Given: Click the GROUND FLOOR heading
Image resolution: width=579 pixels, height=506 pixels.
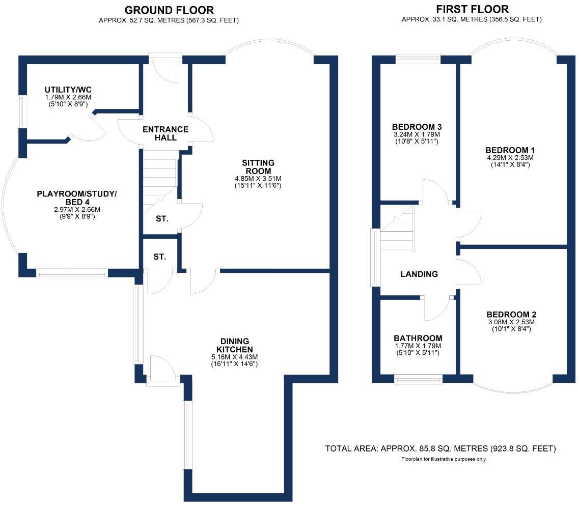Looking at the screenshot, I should coord(169,10).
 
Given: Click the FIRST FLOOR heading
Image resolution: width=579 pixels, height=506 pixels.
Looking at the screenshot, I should coord(472,9).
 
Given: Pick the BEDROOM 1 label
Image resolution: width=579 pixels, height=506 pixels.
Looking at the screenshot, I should coord(513,150).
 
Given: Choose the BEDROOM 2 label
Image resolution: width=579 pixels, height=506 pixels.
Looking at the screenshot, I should coord(511,315).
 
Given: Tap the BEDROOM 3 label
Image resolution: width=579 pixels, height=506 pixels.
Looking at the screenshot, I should coord(417,127).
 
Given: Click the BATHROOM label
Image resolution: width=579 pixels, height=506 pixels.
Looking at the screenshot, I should coord(418,338).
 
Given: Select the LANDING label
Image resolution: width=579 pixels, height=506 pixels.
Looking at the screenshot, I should coord(419,274).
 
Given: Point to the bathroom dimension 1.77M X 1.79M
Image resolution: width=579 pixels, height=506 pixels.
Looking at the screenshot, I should coord(418,346).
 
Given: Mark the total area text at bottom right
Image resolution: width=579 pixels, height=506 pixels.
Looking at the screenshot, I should coord(440,448).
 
